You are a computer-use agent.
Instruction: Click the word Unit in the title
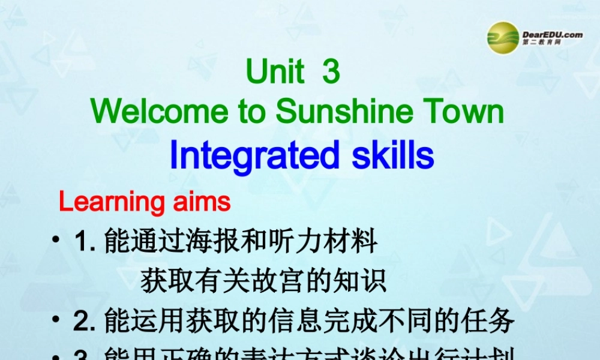(275, 73)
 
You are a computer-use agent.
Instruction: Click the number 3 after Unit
(331, 73)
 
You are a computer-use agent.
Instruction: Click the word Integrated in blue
(251, 155)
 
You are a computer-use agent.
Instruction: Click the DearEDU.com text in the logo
(552, 35)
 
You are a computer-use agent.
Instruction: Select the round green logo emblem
(503, 38)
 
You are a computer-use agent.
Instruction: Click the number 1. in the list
(86, 242)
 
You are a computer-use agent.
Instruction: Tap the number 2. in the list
(86, 321)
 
